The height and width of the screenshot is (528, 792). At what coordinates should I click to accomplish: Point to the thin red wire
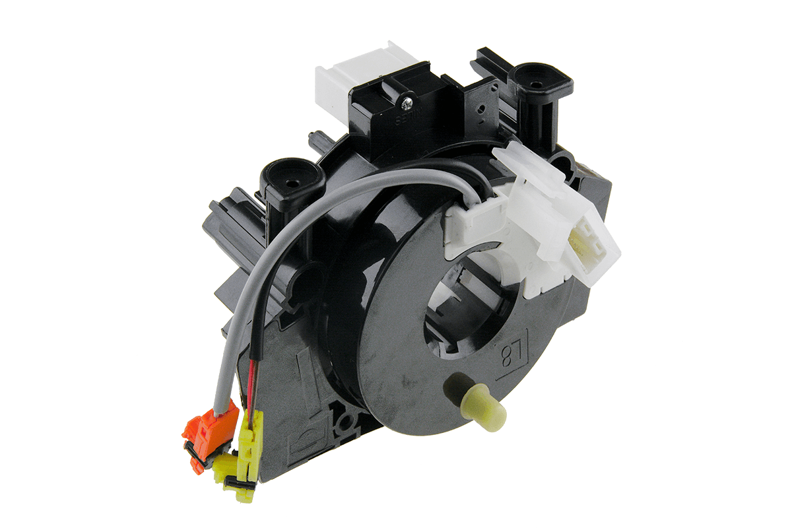click(249, 383)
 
